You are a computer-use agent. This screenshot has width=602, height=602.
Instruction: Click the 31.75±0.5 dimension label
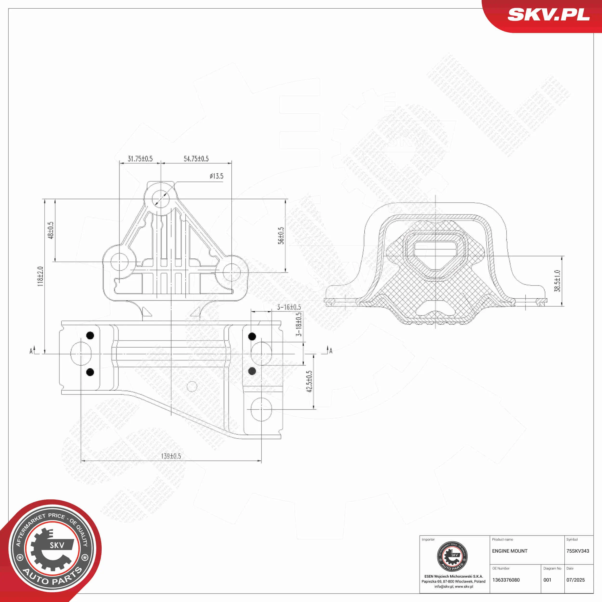coord(140,159)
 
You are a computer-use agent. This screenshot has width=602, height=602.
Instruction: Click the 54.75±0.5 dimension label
coord(196,159)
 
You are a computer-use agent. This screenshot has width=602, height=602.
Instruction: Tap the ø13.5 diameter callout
coord(216,176)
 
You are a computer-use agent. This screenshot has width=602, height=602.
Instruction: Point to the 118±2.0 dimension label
coord(40,276)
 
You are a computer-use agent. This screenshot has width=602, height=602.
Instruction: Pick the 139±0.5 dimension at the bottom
coord(171,456)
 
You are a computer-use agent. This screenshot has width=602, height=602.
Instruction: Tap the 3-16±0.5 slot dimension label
coord(289,307)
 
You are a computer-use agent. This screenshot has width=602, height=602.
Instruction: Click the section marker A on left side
coord(31,351)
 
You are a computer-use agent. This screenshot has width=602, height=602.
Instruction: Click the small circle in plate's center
coord(192,386)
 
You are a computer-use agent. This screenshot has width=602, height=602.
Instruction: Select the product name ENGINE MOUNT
coord(510,551)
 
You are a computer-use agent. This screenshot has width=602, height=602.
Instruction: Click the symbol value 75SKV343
coord(578,551)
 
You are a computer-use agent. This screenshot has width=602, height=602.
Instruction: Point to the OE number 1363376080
coord(506,580)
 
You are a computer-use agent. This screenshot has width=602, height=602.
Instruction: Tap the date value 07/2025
coord(576,580)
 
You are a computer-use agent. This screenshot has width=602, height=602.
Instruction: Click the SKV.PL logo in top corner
coord(548,15)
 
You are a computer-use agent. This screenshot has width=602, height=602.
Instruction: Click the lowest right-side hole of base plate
coord(261,409)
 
